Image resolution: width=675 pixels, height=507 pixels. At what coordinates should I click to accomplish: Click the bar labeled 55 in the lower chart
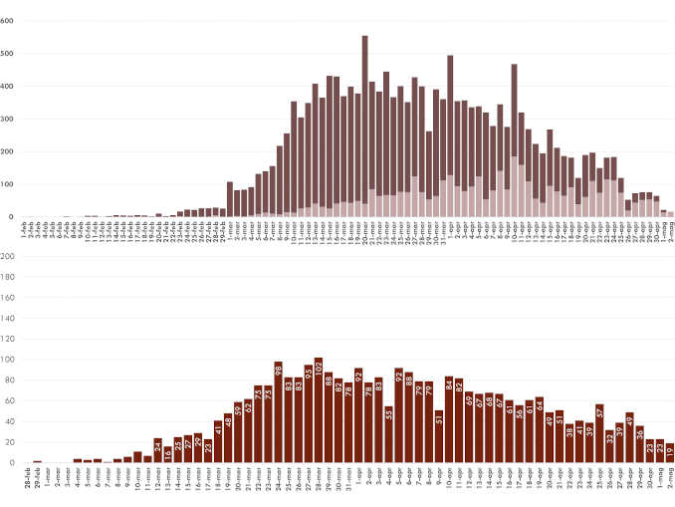click(388, 432)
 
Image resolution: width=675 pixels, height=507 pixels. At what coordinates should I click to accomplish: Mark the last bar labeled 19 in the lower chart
click(670, 452)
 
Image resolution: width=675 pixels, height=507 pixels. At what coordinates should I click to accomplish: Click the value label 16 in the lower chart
click(167, 452)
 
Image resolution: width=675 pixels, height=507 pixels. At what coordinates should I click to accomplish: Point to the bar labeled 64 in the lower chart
click(540, 430)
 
